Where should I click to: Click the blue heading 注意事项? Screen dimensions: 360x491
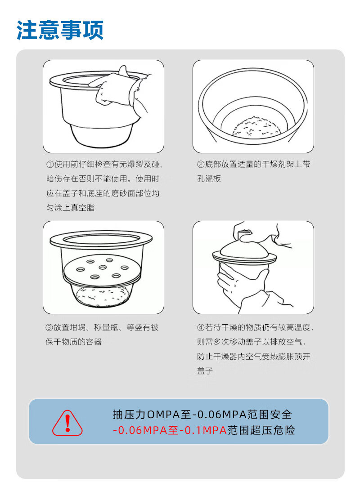[x=60, y=31]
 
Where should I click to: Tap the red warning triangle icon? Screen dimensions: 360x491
[x=67, y=423]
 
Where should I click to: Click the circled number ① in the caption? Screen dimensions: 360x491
[x=50, y=164]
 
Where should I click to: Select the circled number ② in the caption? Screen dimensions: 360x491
[x=201, y=164]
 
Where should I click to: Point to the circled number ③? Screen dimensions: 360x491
[x=49, y=327]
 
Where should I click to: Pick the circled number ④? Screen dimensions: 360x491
[x=201, y=327]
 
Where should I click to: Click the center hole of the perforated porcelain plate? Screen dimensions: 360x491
[x=103, y=268]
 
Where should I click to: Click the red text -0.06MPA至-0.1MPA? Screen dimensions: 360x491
[x=170, y=430]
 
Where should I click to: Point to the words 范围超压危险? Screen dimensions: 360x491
[x=261, y=430]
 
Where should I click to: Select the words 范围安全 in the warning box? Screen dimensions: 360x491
[x=270, y=415]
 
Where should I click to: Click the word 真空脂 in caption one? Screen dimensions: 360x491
[x=83, y=208]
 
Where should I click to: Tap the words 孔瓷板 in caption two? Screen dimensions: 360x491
[x=209, y=179]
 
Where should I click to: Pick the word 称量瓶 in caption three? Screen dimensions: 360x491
[x=106, y=327]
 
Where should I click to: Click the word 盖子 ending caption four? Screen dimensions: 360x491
[x=205, y=371]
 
